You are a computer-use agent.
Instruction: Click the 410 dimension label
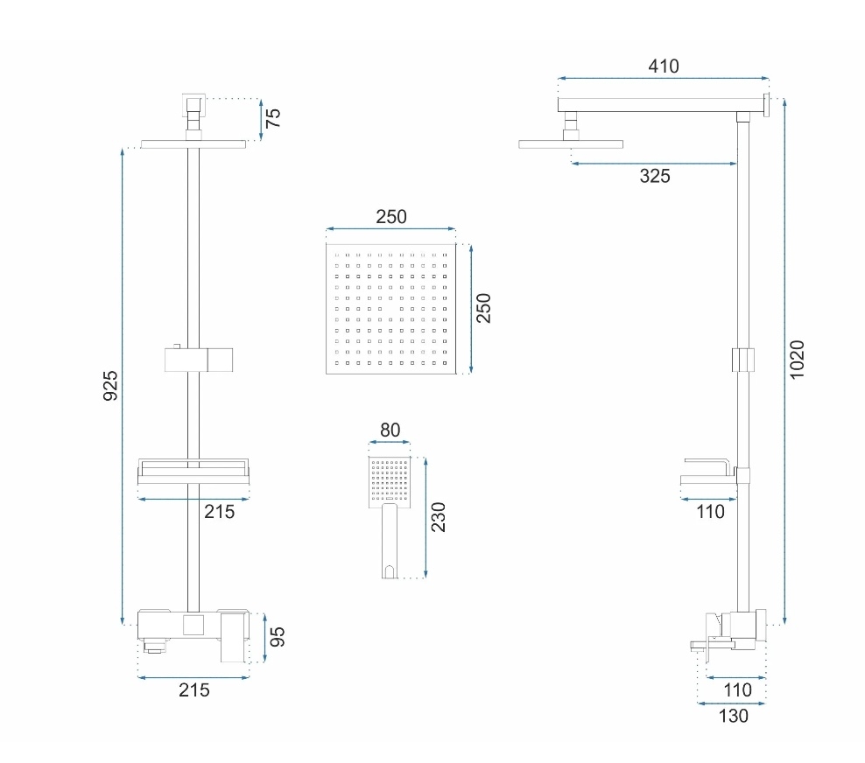pyautogui.click(x=663, y=66)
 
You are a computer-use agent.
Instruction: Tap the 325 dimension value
pyautogui.click(x=655, y=176)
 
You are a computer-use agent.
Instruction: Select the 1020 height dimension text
pyautogui.click(x=797, y=360)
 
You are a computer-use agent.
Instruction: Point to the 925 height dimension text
pyautogui.click(x=110, y=385)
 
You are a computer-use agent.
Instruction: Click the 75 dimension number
pyautogui.click(x=273, y=118)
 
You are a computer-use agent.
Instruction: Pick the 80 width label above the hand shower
pyautogui.click(x=390, y=430)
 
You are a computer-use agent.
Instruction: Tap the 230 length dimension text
pyautogui.click(x=438, y=517)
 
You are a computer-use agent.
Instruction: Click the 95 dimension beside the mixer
pyautogui.click(x=277, y=637)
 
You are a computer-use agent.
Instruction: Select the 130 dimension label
pyautogui.click(x=733, y=716)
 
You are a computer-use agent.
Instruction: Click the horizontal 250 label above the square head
pyautogui.click(x=391, y=217)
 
